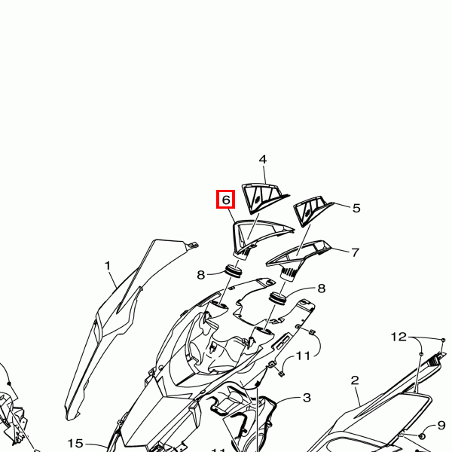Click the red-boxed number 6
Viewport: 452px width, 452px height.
(x=226, y=199)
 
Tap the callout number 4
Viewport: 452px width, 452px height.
(x=263, y=160)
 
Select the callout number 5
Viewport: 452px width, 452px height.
(x=356, y=208)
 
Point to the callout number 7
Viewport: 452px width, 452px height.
(x=355, y=252)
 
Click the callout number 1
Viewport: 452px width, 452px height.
(x=108, y=265)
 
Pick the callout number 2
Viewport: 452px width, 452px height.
(x=355, y=380)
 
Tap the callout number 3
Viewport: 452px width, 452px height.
(x=307, y=398)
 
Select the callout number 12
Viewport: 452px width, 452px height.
(x=399, y=337)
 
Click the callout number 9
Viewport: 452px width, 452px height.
(x=441, y=425)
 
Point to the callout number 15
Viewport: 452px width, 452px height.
(x=75, y=444)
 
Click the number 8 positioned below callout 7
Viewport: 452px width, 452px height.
(x=322, y=289)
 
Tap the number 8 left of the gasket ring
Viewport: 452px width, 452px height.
(x=200, y=275)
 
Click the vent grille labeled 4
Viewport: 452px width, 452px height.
(x=264, y=197)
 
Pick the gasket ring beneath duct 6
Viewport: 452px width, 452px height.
(x=234, y=271)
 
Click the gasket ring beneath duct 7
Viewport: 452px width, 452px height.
(x=277, y=298)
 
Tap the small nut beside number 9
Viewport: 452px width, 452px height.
(x=421, y=436)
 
